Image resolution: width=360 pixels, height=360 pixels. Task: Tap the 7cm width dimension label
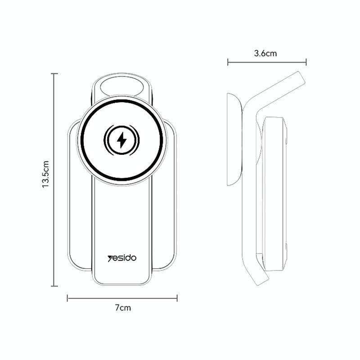122,308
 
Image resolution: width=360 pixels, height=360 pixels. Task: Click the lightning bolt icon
121,141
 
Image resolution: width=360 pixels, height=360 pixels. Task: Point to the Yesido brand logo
122,258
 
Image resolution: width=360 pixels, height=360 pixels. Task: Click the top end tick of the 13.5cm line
54,73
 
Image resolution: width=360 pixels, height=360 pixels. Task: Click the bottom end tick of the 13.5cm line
54,286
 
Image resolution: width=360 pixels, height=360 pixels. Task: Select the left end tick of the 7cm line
67,297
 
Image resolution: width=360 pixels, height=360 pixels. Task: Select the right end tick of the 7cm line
177,297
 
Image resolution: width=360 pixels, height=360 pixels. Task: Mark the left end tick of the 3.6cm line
228,62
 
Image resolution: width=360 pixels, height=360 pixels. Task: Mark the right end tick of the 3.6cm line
306,62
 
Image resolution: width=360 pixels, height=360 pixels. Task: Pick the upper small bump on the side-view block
287,130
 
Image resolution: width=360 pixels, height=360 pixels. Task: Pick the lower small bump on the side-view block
287,247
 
